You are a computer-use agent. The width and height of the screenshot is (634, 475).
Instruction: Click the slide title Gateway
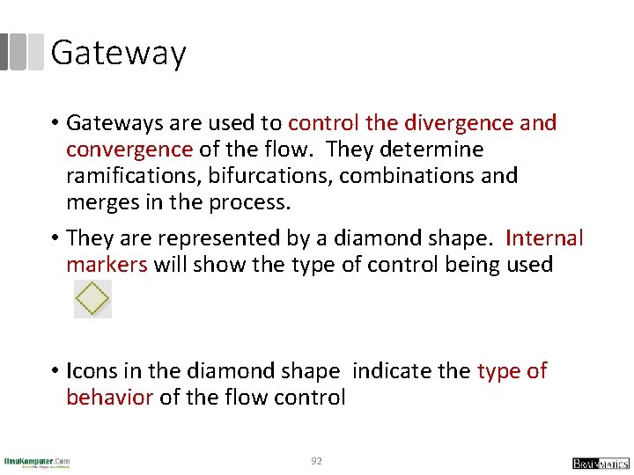(x=118, y=53)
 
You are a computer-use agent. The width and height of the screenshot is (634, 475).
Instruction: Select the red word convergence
(x=129, y=149)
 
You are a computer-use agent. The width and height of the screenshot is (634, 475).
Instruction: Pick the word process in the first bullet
(x=248, y=201)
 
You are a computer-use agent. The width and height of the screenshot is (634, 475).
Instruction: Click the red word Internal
(x=545, y=238)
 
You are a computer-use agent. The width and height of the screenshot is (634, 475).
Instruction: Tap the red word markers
(x=107, y=265)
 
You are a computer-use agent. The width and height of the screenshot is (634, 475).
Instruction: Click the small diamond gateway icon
(x=92, y=299)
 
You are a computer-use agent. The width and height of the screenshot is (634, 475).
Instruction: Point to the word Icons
(x=94, y=371)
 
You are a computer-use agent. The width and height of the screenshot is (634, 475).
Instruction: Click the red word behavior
(x=109, y=398)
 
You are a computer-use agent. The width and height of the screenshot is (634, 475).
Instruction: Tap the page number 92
(x=316, y=460)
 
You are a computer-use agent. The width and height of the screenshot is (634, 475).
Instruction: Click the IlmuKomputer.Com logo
(x=37, y=461)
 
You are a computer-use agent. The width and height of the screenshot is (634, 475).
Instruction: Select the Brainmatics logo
(x=601, y=463)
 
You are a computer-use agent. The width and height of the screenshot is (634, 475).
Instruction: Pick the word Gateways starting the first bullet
(x=114, y=122)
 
